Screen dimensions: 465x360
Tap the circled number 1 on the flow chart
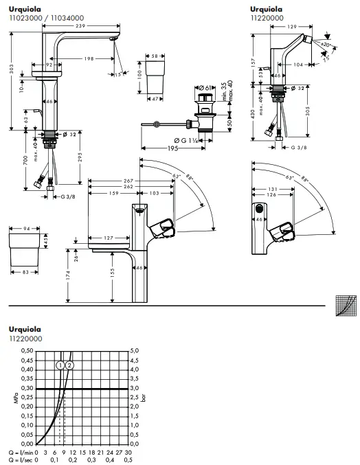(61, 365)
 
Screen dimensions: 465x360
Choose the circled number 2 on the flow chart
(69, 365)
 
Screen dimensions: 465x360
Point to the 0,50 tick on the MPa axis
(25, 350)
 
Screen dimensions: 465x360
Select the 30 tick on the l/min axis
(128, 454)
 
